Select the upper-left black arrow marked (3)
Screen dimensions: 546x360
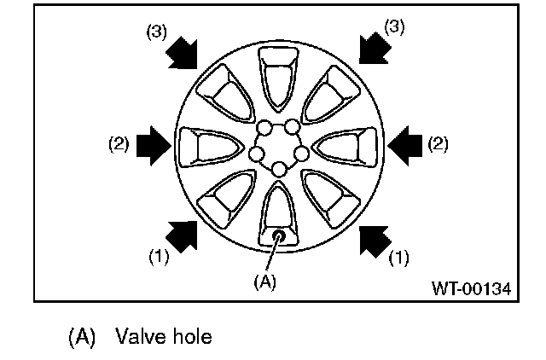pos(183,52)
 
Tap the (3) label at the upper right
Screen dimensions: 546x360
pos(394,26)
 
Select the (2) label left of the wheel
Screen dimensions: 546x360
pos(119,143)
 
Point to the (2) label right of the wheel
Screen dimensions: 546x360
pos(437,143)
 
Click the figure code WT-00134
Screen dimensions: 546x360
pos(470,289)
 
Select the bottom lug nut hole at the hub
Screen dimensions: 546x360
pos(279,169)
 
